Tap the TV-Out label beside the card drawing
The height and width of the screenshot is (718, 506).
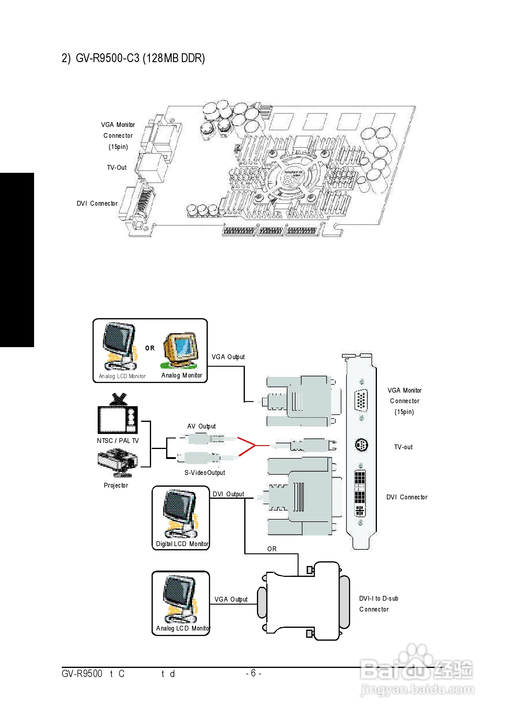[117, 168]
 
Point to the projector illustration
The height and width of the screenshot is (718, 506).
[117, 463]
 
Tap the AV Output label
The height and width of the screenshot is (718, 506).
[201, 426]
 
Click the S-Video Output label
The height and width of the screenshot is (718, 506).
[204, 473]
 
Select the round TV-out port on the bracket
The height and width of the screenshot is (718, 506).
[362, 445]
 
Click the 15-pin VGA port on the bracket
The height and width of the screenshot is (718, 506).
[361, 399]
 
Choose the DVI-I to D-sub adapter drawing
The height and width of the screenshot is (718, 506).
[303, 600]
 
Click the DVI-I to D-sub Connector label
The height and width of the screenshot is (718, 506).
[378, 603]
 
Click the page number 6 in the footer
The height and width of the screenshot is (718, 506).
[253, 673]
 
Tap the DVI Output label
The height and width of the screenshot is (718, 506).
[228, 494]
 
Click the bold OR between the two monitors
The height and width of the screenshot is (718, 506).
[150, 348]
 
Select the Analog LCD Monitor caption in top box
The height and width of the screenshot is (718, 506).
[122, 376]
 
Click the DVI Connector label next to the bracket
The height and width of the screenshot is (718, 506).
[406, 497]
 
